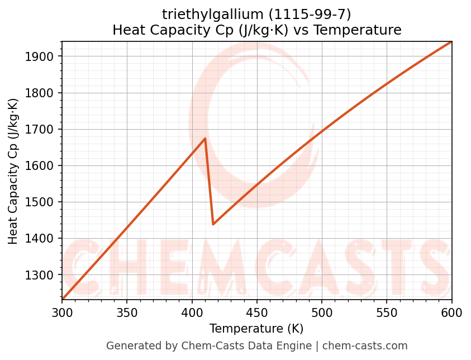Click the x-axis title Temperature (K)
point(256,329)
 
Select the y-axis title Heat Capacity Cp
point(13,171)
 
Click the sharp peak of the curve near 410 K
point(205,138)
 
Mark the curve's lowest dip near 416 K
point(213,224)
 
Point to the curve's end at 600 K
point(451,42)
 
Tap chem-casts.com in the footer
point(365,346)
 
